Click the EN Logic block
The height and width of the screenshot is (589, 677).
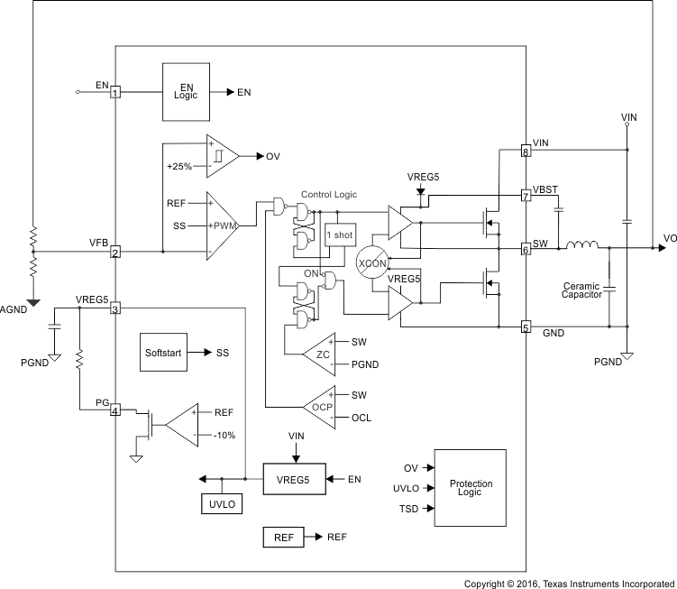[x=186, y=91]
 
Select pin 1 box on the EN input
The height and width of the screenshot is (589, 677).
[x=115, y=91]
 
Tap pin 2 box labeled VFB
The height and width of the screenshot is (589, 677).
[x=115, y=253]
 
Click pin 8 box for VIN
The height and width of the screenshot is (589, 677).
[x=526, y=152]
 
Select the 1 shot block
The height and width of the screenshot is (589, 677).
[x=339, y=235]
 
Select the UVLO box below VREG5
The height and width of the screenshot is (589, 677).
[x=221, y=504]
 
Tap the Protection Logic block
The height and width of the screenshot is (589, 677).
[x=471, y=488]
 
